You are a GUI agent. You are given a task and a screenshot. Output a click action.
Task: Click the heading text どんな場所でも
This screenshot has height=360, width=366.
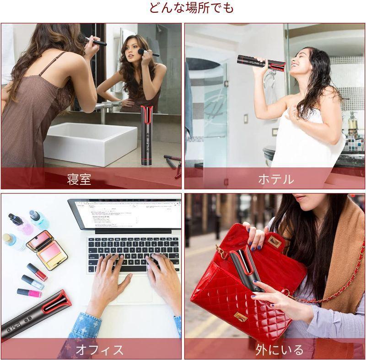click(191, 8)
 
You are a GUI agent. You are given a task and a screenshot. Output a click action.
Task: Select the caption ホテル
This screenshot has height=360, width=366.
click(276, 179)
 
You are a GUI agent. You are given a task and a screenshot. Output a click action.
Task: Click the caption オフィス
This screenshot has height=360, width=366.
click(99, 350)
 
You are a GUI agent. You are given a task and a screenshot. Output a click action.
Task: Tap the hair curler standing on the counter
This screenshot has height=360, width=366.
click(147, 137)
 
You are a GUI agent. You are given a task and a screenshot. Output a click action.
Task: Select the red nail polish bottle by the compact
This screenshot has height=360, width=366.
click(37, 272)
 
